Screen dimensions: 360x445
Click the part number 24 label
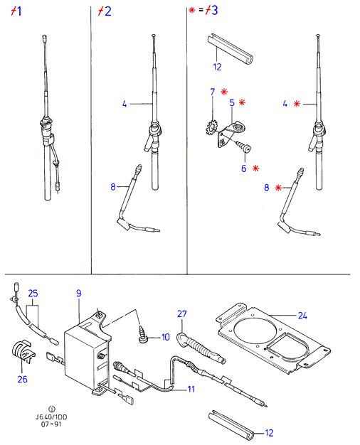302,316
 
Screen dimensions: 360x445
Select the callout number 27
182,313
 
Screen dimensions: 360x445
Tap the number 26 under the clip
23,379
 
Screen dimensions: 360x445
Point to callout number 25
33,293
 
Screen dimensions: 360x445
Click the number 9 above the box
79,293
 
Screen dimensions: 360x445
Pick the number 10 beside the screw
165,337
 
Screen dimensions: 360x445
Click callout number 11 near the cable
191,389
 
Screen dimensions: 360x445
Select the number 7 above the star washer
213,92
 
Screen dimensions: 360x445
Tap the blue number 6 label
244,168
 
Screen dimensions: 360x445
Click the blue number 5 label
232,102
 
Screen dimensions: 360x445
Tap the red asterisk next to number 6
256,168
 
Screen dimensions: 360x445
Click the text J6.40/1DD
51,417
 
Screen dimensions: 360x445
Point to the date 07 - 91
51,424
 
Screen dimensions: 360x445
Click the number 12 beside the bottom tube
269,433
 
